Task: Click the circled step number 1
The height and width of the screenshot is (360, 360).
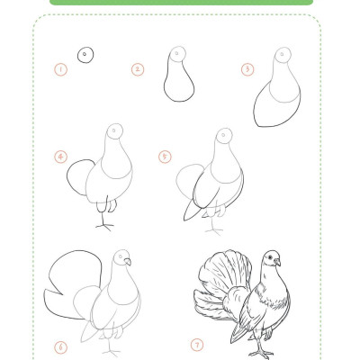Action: pyautogui.click(x=61, y=70)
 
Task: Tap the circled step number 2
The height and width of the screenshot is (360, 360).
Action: pyautogui.click(x=138, y=70)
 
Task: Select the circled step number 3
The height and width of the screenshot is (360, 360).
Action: pyautogui.click(x=247, y=69)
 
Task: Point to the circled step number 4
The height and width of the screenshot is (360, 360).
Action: pyautogui.click(x=61, y=157)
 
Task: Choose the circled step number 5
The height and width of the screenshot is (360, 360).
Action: pyautogui.click(x=165, y=157)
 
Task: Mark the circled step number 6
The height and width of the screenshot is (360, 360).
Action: pyautogui.click(x=61, y=347)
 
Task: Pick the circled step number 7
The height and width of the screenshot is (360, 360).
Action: pyautogui.click(x=197, y=345)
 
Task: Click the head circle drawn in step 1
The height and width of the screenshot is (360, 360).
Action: pyautogui.click(x=85, y=55)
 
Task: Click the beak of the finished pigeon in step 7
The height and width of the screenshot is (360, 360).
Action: pyautogui.click(x=278, y=262)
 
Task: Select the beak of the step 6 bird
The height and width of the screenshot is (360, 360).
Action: pyautogui.click(x=128, y=262)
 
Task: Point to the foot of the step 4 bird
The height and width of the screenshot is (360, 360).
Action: pyautogui.click(x=104, y=226)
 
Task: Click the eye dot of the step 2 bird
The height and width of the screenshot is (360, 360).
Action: pyautogui.click(x=176, y=53)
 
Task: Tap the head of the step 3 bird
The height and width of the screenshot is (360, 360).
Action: pyautogui.click(x=283, y=55)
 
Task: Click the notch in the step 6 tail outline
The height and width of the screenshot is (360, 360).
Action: pyautogui.click(x=62, y=293)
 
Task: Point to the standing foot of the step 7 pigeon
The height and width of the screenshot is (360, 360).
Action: pyautogui.click(x=260, y=354)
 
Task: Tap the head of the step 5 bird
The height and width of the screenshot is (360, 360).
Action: pyautogui.click(x=224, y=137)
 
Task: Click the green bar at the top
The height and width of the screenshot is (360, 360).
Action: pyautogui.click(x=181, y=3)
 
